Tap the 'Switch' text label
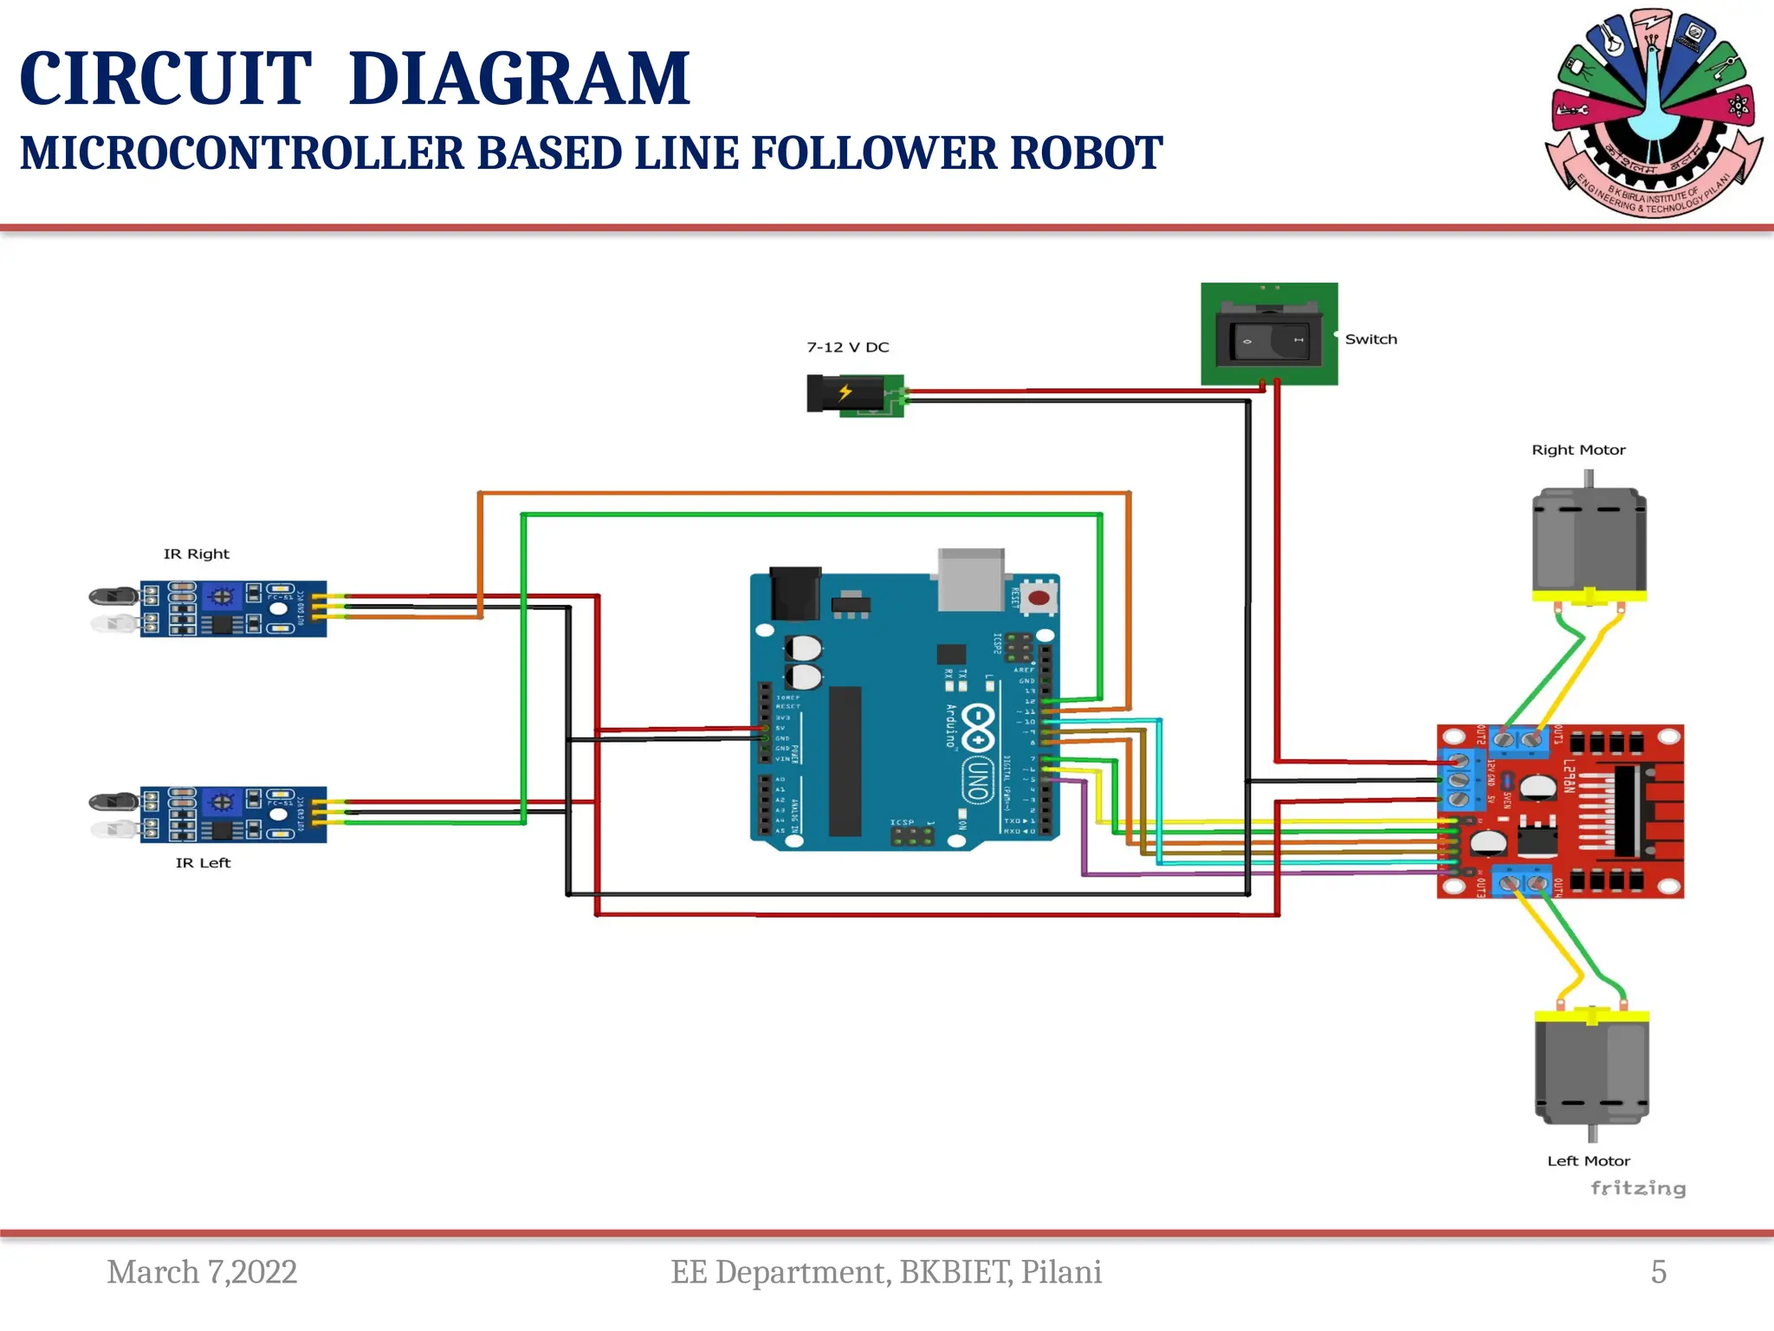[1370, 339]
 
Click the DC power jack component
[854, 395]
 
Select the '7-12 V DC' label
[847, 347]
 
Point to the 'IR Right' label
[196, 554]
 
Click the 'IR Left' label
[203, 862]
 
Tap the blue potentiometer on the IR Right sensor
[223, 596]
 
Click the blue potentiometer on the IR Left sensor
[223, 802]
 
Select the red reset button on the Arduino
[1039, 597]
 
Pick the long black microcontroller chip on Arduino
[845, 761]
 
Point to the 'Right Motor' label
[1578, 450]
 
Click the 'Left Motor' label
[1588, 1160]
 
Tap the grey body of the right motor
[1589, 542]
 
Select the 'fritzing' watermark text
[1637, 1188]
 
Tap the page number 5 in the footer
[1658, 1271]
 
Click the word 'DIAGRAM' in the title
[519, 79]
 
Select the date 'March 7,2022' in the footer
[202, 1271]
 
